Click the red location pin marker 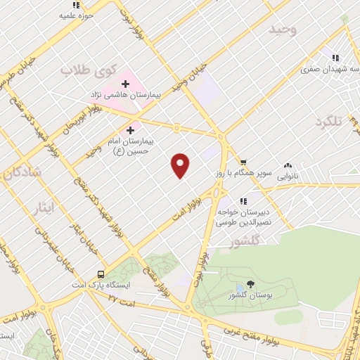181,165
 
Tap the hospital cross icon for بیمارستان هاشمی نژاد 126,84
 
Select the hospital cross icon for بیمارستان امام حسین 130,130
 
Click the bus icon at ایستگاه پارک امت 101,274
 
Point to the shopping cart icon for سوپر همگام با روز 243,161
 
